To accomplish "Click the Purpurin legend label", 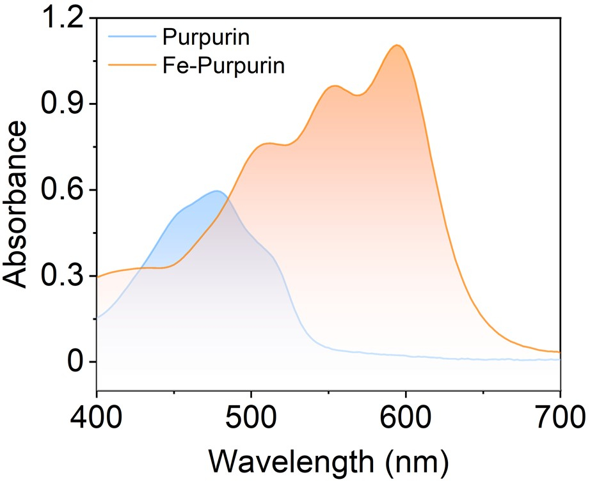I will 205,38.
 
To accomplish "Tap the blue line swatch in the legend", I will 132,38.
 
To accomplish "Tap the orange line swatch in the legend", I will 132,65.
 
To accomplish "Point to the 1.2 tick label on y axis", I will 62,19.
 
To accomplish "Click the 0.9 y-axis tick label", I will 62,105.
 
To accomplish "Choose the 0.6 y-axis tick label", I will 62,190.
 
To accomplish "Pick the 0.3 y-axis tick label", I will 62,276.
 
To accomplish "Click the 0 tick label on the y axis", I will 76,362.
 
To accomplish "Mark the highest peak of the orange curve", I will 397,45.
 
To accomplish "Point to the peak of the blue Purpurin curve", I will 218,191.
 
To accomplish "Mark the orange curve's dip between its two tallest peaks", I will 358,95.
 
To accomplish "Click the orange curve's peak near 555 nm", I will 335,86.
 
